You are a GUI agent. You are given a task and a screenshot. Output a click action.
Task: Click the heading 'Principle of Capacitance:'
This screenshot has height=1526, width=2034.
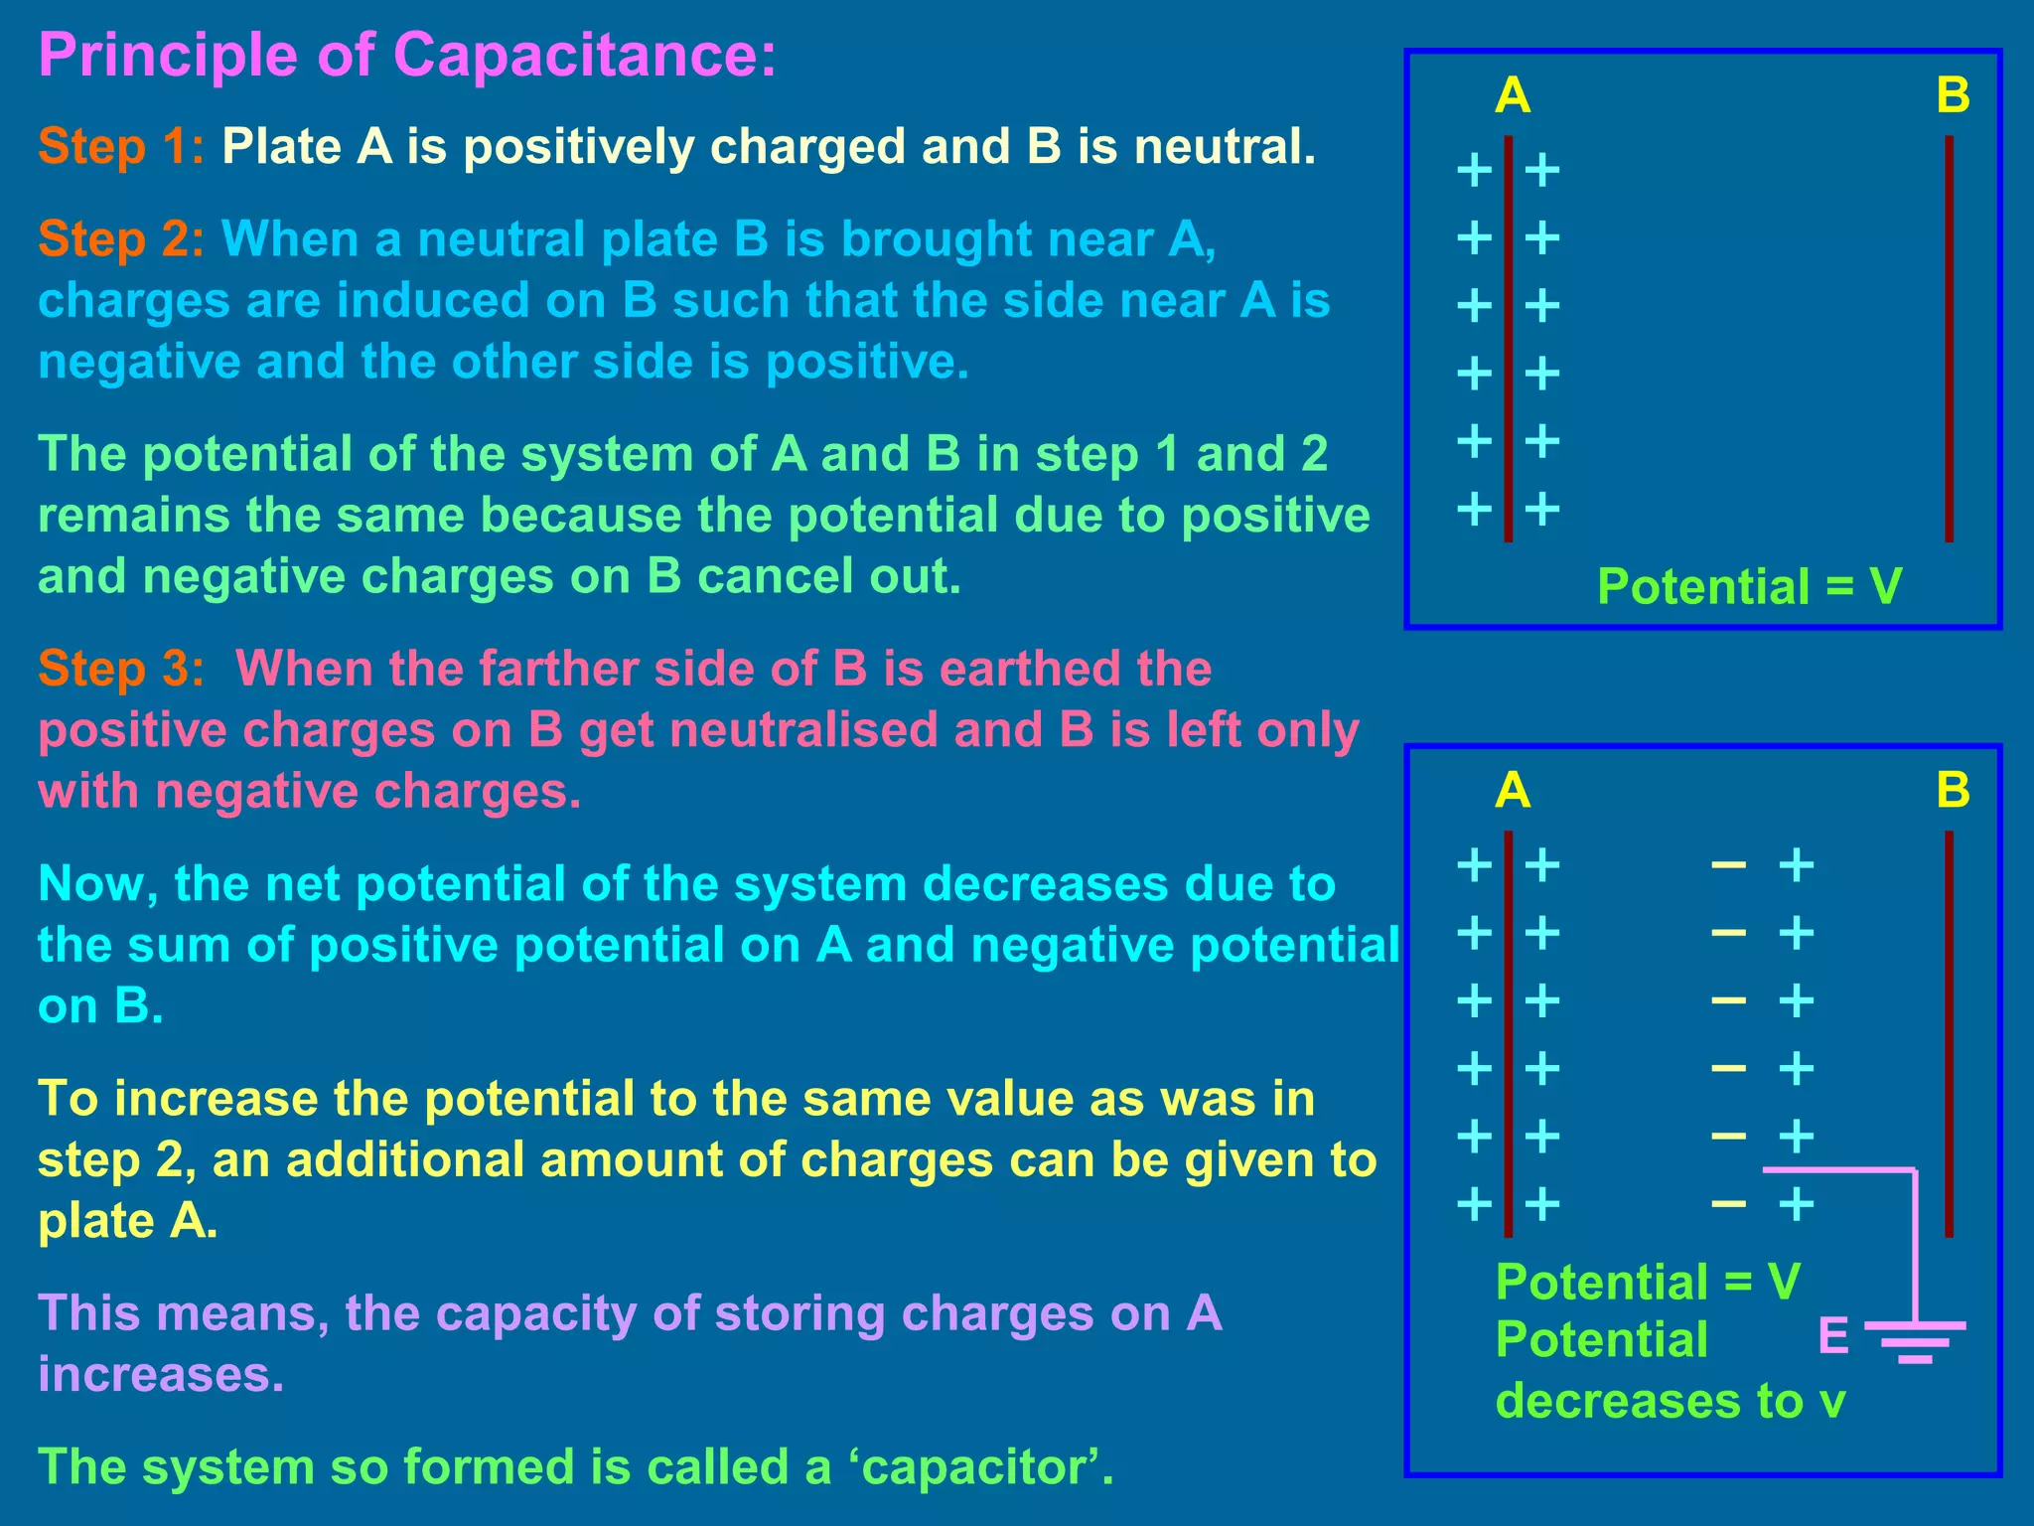point(407,55)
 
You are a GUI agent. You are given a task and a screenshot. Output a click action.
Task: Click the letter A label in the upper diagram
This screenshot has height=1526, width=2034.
point(1513,96)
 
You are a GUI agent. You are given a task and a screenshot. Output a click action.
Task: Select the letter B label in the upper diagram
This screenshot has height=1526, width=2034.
point(1953,96)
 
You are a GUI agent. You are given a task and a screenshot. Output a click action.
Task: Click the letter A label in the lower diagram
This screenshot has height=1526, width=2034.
point(1513,792)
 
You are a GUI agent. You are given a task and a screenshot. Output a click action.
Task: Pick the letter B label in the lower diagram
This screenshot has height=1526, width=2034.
point(1953,792)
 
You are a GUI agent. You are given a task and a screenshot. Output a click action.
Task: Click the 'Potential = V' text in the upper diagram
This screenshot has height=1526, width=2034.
point(1749,586)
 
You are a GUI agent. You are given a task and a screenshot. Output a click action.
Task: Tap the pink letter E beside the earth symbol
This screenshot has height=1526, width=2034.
point(1833,1336)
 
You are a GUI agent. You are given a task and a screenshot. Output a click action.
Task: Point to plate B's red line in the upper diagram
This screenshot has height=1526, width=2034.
point(1949,338)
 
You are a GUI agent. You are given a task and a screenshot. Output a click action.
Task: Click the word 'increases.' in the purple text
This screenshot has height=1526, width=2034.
point(161,1375)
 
